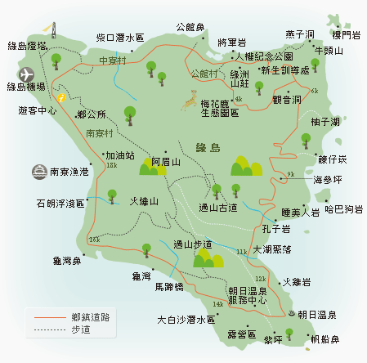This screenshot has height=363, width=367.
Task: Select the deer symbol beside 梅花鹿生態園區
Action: pyautogui.click(x=190, y=103)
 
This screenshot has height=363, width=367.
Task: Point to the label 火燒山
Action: pyautogui.click(x=143, y=200)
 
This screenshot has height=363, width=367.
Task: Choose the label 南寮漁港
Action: pyautogui.click(x=69, y=173)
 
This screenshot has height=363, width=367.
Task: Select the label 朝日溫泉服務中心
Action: pyautogui.click(x=248, y=295)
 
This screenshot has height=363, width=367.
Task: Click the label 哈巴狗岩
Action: pyautogui.click(x=343, y=210)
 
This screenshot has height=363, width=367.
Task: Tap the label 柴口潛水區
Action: pyautogui.click(x=119, y=38)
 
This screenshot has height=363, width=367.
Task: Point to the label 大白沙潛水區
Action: pyautogui.click(x=184, y=320)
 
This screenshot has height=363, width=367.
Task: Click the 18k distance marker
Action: pyautogui.click(x=111, y=166)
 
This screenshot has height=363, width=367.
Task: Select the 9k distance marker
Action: pyautogui.click(x=290, y=175)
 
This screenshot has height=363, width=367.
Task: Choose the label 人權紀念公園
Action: pyautogui.click(x=263, y=56)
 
